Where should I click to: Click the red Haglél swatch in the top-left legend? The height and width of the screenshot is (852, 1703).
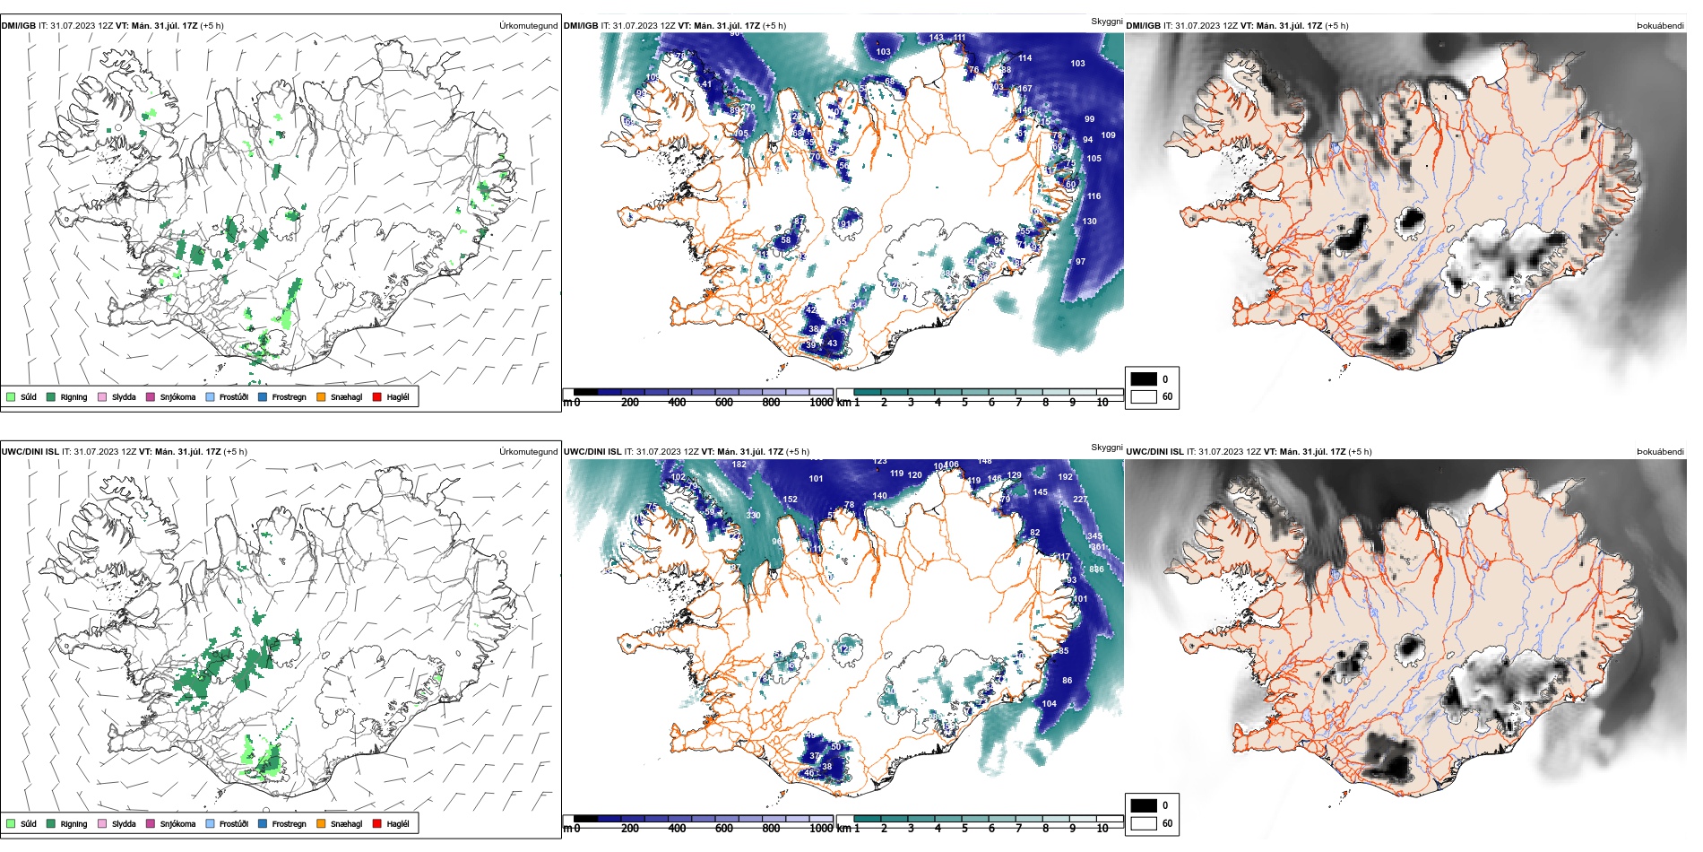tap(377, 396)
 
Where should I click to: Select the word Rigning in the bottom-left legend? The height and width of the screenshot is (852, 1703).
tap(73, 823)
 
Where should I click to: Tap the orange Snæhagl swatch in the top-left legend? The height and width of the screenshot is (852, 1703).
tap(321, 396)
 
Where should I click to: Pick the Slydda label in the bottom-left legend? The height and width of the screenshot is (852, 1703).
tap(124, 823)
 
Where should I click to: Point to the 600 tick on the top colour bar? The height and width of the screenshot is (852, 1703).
tap(723, 403)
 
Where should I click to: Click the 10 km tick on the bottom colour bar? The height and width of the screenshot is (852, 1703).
tap(1102, 829)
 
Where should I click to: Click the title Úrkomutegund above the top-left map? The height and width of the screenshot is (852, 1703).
tap(528, 26)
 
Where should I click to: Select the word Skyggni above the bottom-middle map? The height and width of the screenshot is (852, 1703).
tap(1106, 447)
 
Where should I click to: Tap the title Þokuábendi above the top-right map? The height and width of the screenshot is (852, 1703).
tap(1660, 26)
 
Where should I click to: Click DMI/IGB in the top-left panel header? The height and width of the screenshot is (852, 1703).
tap(19, 26)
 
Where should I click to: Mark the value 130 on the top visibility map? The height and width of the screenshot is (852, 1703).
tap(1089, 222)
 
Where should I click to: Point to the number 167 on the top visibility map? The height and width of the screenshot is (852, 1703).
tap(1025, 89)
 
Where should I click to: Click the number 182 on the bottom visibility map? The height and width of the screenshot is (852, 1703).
tap(739, 465)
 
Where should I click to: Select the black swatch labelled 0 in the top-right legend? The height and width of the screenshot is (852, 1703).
tap(1144, 378)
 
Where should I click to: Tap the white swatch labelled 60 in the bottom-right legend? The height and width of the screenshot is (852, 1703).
tap(1144, 823)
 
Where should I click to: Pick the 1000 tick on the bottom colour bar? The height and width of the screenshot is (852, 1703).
tap(821, 829)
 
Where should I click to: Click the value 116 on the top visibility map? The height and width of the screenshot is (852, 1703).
tap(1094, 196)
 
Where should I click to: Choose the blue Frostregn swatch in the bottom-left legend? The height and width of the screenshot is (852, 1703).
tap(263, 823)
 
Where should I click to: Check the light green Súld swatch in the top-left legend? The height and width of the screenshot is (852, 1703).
tap(11, 396)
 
